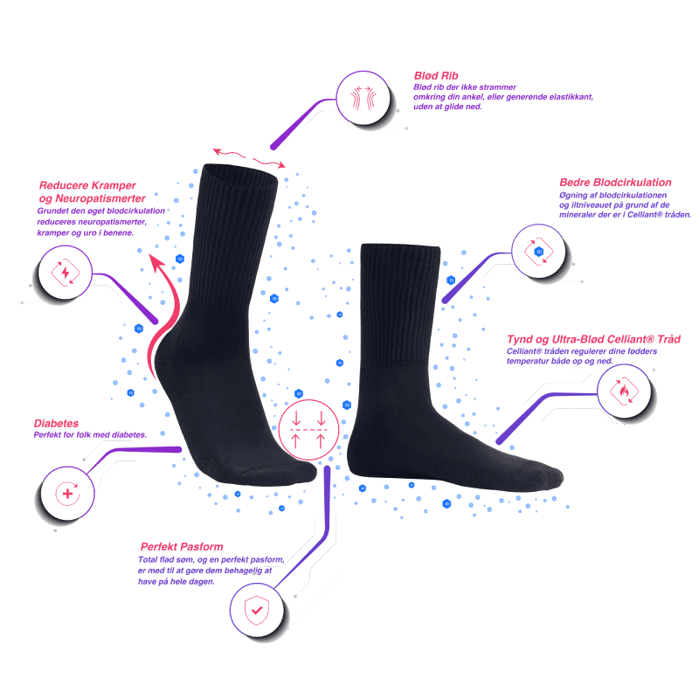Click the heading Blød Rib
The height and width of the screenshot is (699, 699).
click(x=435, y=76)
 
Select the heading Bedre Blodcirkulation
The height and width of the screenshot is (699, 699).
click(x=614, y=183)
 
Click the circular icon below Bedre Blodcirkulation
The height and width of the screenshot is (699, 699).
click(x=539, y=251)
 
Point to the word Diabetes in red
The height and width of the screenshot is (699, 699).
click(x=56, y=423)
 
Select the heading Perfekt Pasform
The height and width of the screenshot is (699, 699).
click(x=175, y=548)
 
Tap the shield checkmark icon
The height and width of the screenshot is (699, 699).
click(x=255, y=608)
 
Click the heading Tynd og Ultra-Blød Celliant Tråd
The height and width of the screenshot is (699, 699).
click(x=594, y=339)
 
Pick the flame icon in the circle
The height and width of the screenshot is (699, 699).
click(x=623, y=390)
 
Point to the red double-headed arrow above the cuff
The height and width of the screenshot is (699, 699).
click(x=249, y=157)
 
